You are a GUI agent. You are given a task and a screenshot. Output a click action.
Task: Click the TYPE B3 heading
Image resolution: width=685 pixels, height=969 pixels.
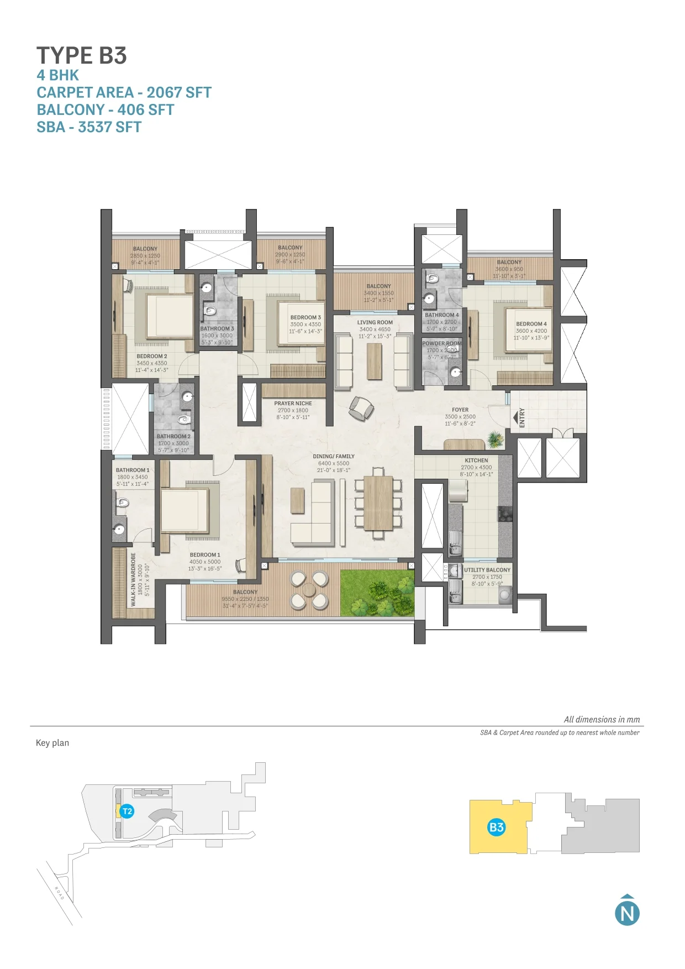(x=82, y=56)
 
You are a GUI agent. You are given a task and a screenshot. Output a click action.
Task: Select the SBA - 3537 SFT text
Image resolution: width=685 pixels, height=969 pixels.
(x=89, y=127)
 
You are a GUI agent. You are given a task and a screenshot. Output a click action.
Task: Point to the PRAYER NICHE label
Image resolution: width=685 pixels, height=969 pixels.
(x=293, y=404)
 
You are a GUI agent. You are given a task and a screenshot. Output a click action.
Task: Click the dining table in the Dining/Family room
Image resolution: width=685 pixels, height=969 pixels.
(x=378, y=503)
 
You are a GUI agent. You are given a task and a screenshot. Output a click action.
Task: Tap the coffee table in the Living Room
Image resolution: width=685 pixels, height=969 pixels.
(x=375, y=361)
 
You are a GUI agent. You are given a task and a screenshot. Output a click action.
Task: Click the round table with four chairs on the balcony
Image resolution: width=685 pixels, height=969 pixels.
(x=309, y=590)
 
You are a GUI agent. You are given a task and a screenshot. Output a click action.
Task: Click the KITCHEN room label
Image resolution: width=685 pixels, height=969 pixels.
(x=476, y=460)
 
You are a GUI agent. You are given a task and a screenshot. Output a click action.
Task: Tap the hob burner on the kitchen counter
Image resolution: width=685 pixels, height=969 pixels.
(x=505, y=514)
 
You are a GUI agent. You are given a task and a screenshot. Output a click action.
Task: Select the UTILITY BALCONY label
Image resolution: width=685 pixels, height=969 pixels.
(x=487, y=570)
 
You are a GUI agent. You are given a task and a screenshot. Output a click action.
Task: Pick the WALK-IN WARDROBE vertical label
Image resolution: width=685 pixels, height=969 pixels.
(x=133, y=579)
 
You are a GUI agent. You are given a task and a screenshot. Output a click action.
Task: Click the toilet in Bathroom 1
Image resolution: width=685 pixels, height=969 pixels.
(x=123, y=502)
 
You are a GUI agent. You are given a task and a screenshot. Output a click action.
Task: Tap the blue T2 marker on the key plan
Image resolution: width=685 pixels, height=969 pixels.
(x=127, y=811)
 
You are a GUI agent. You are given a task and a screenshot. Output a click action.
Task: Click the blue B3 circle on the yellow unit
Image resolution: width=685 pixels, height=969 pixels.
(x=496, y=827)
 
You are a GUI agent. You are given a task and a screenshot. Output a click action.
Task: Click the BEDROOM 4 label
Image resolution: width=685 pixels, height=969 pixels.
(x=531, y=324)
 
